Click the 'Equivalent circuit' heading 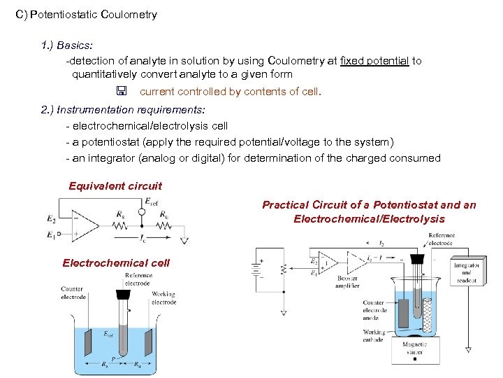pyautogui.click(x=115, y=186)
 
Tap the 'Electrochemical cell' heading pyautogui.click(x=116, y=263)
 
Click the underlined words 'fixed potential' pyautogui.click(x=374, y=61)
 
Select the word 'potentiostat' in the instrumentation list pyautogui.click(x=112, y=142)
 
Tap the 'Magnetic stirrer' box pyautogui.click(x=414, y=349)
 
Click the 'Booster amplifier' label pyautogui.click(x=347, y=283)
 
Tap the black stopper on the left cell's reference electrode pyautogui.click(x=127, y=295)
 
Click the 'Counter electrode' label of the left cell pyautogui.click(x=73, y=293)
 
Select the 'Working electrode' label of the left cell pyautogui.click(x=163, y=299)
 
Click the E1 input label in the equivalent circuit pyautogui.click(x=50, y=236)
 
